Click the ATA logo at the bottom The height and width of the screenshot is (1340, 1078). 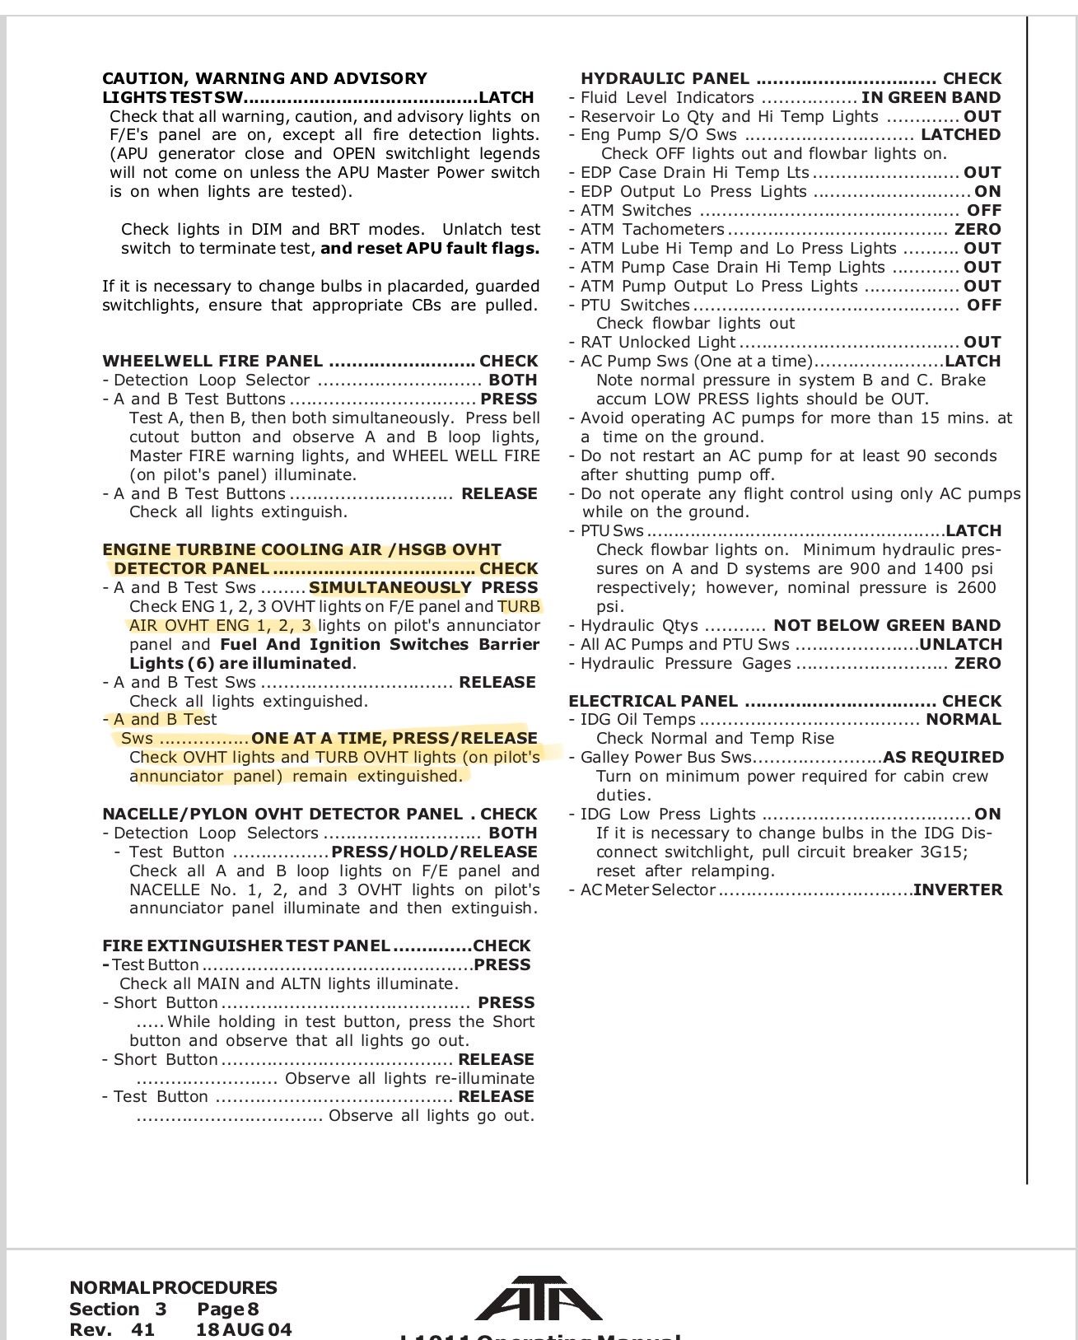point(538,1299)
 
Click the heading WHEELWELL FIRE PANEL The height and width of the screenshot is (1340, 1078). point(212,361)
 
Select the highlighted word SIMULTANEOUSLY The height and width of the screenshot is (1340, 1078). point(390,587)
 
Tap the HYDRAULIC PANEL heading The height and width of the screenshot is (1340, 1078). point(665,78)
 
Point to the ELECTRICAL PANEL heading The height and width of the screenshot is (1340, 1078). point(653,701)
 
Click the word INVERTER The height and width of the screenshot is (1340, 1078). point(958,889)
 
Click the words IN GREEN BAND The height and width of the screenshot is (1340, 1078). point(931,97)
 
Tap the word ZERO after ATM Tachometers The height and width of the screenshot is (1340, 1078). point(978,229)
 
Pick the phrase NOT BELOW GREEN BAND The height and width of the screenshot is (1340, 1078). point(887,625)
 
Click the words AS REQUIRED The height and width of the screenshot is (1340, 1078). point(943,757)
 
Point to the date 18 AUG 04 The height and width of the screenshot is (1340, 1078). point(244,1329)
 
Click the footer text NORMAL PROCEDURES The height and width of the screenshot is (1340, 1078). point(173,1287)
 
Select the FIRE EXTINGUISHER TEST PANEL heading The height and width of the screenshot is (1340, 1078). point(245,945)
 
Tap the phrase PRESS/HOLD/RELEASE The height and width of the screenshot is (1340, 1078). point(434,852)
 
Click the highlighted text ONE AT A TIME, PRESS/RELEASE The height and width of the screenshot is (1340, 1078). point(394,738)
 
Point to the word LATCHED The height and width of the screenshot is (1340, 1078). point(960,134)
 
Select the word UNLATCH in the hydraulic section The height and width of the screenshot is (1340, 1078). point(960,644)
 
